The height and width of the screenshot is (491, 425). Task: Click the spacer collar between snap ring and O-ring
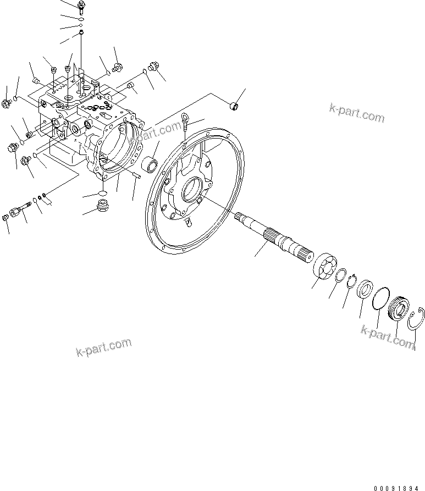pos(364,289)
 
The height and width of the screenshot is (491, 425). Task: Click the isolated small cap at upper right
pos(233,106)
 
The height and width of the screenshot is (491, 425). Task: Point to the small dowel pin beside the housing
pos(137,175)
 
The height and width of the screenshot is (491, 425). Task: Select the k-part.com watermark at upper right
pos(357,112)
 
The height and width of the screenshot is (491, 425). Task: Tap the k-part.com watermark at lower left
pos(104,347)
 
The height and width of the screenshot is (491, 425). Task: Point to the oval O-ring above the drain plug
pos(102,194)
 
